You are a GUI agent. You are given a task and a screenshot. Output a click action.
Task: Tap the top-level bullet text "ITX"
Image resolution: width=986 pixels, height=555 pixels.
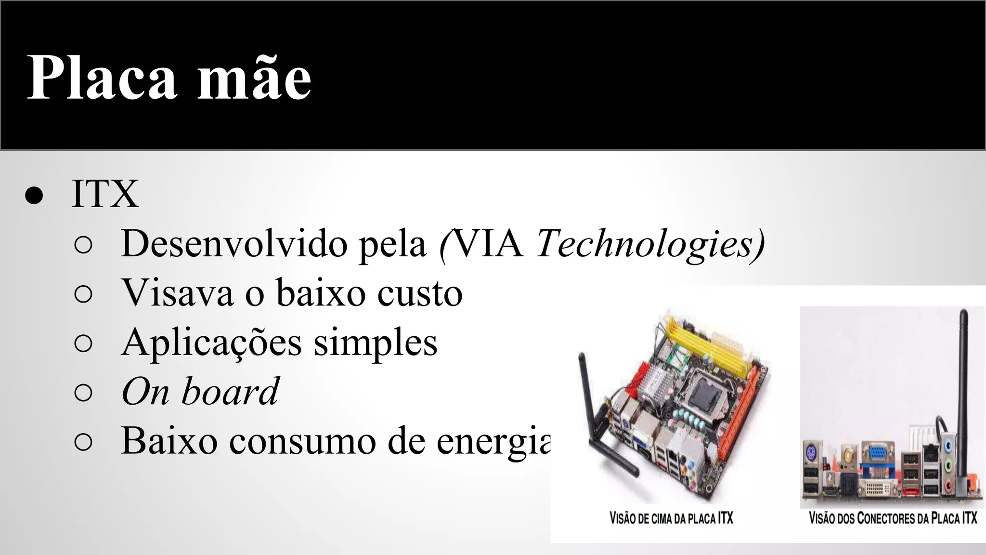point(105,194)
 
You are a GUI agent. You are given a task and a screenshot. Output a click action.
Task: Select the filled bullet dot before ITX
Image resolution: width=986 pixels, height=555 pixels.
point(34,196)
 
